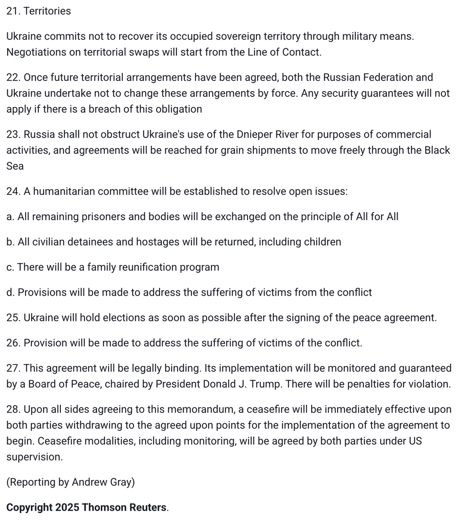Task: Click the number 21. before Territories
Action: pyautogui.click(x=13, y=11)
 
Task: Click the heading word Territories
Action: pyautogui.click(x=47, y=11)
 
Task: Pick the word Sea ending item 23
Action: pyautogui.click(x=15, y=166)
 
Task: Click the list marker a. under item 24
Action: pyautogui.click(x=10, y=217)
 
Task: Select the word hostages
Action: pyautogui.click(x=138, y=242)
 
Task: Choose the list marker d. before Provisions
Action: pyautogui.click(x=10, y=293)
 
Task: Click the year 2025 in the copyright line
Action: pyautogui.click(x=67, y=508)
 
